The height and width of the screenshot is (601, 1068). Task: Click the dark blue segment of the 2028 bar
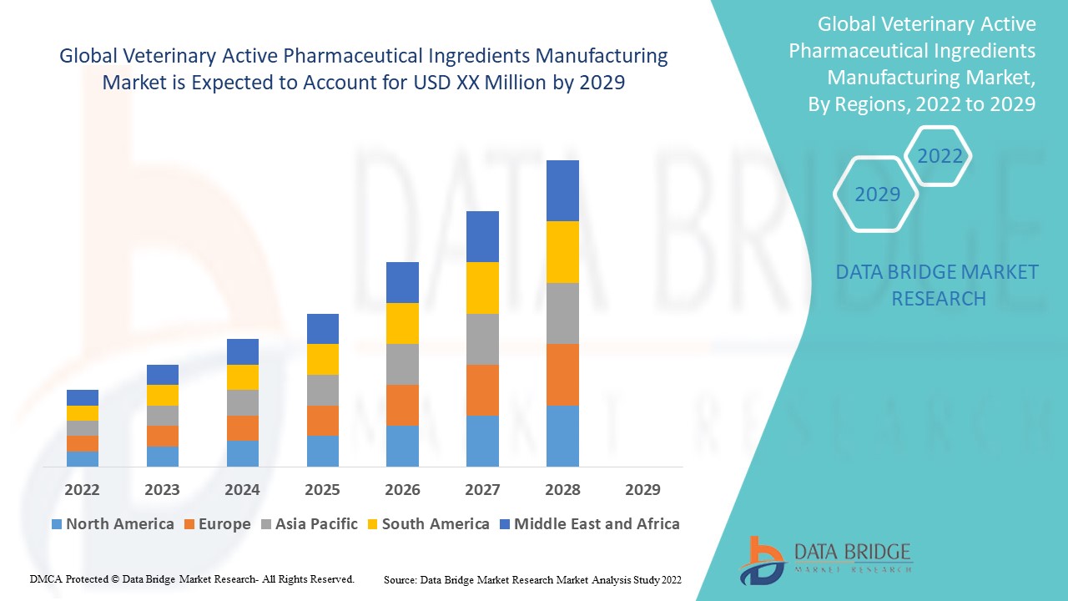[562, 190]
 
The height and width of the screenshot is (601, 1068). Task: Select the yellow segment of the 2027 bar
[482, 288]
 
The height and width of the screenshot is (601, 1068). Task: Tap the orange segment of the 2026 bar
[402, 405]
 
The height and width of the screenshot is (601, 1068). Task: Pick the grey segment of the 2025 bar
[322, 390]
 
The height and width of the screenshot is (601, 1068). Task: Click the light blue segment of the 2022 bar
[83, 458]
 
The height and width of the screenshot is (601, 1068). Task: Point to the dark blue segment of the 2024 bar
[242, 351]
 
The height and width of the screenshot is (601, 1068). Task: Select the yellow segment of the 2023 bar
[162, 395]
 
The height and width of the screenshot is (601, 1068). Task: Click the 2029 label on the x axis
[642, 489]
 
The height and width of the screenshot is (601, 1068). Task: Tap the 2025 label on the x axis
[322, 489]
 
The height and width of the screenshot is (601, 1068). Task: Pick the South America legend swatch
[372, 524]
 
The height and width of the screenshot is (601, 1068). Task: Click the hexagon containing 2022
[940, 156]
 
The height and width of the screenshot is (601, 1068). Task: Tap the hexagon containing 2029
[877, 194]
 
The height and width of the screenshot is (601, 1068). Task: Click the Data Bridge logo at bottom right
[825, 559]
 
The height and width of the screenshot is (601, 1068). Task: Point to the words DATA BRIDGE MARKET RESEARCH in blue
[937, 285]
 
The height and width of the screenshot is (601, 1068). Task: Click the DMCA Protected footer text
[192, 578]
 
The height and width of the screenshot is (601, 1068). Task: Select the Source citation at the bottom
[532, 578]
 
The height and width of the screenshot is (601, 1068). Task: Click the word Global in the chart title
[88, 56]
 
